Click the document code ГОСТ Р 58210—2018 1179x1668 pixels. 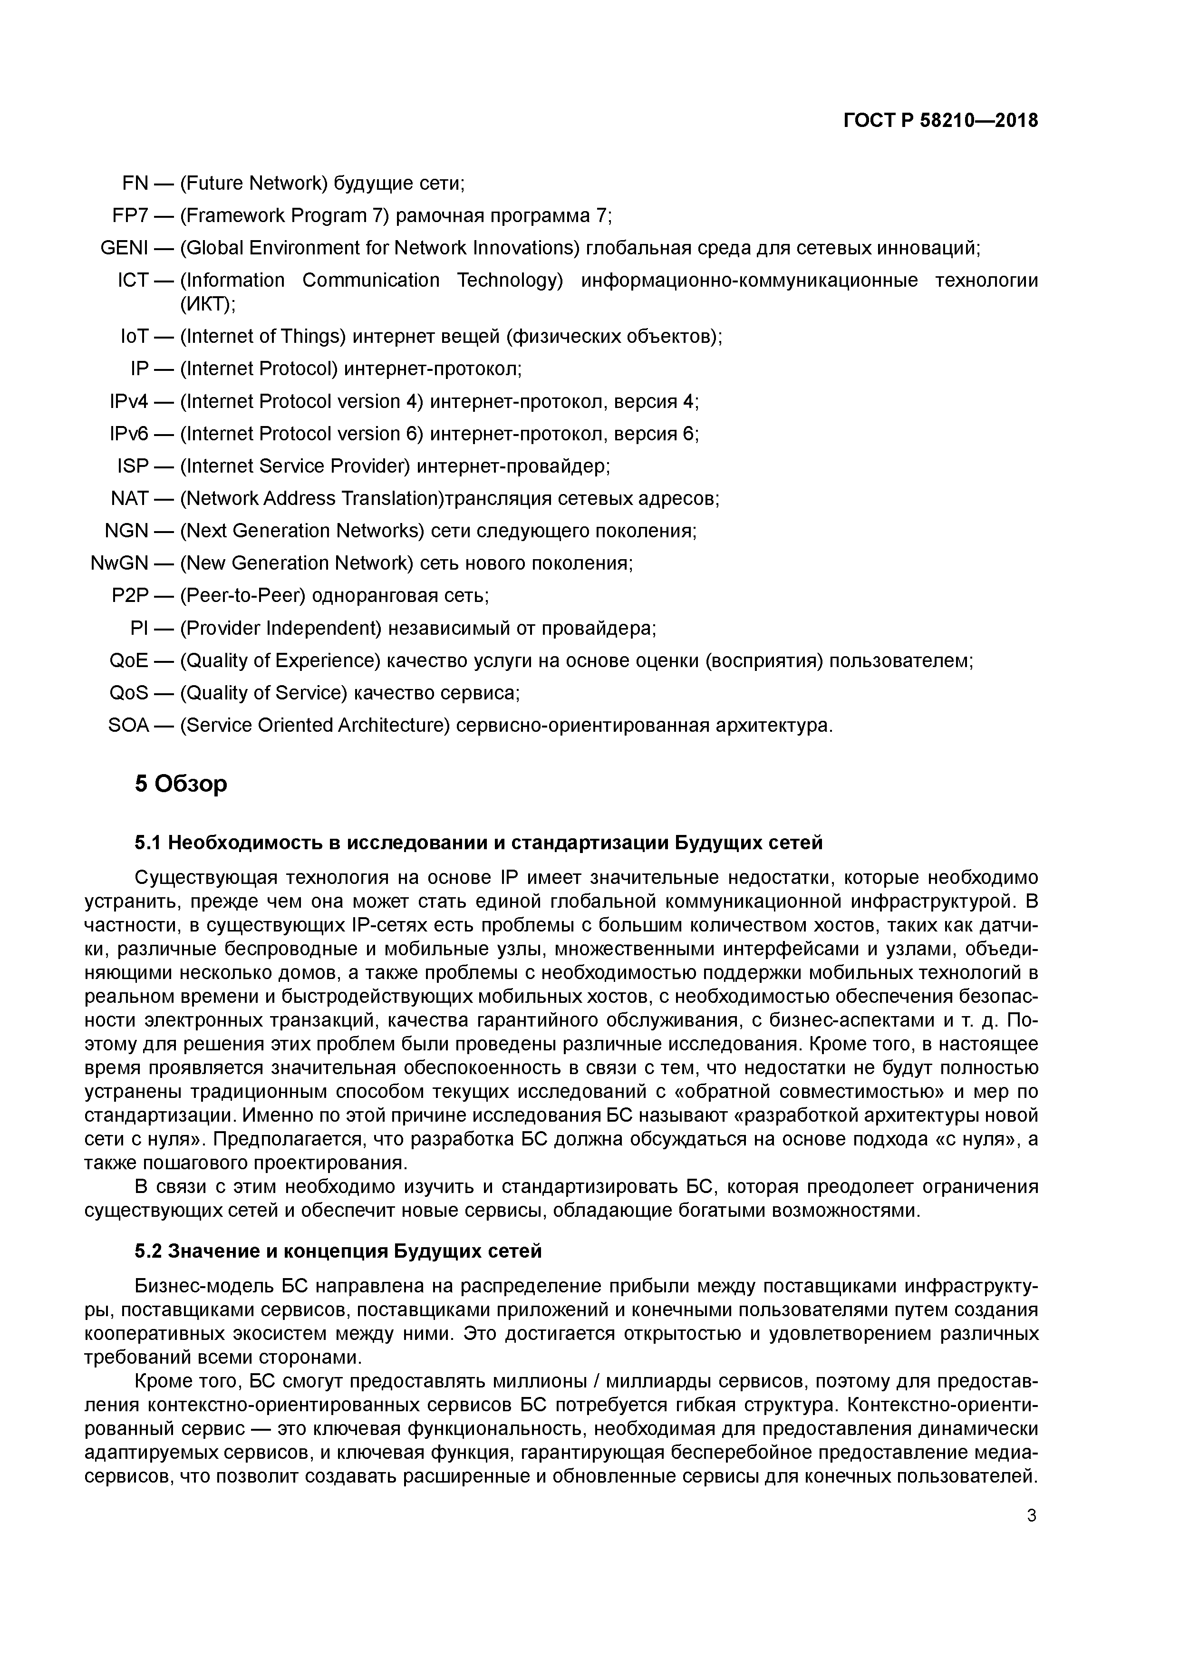point(941,121)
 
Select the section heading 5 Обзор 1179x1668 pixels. point(181,784)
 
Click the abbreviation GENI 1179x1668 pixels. point(124,249)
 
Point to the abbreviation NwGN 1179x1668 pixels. point(119,563)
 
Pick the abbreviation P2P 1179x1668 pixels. point(130,596)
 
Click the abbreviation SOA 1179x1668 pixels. point(128,725)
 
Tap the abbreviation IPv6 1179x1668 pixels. point(128,434)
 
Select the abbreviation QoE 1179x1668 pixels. point(128,660)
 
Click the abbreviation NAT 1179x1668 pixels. point(129,498)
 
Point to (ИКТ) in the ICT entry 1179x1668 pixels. point(207,304)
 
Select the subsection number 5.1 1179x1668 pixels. point(147,843)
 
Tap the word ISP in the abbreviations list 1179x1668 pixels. point(133,465)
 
